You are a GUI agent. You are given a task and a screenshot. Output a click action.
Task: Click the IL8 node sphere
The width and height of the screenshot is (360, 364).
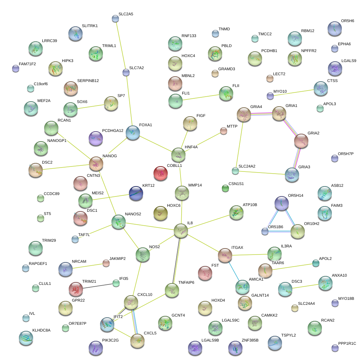[x=181, y=231]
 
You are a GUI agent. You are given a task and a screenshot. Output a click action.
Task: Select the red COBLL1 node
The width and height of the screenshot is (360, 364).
[x=160, y=173]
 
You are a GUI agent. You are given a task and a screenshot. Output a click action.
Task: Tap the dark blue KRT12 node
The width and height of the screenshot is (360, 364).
[x=136, y=193]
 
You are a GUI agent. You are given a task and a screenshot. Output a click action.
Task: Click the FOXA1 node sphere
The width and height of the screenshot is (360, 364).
[x=132, y=132]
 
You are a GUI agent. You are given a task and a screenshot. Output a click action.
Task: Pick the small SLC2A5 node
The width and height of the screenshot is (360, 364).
[x=115, y=19]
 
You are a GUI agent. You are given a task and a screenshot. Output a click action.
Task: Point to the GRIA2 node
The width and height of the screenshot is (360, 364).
[x=301, y=141]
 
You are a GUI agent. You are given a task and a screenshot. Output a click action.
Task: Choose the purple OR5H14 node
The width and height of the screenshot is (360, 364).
[x=281, y=203]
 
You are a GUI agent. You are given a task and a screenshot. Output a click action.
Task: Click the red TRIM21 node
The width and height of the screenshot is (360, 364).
[x=75, y=289]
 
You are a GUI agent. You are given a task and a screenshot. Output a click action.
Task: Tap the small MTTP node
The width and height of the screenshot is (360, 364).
[x=223, y=131]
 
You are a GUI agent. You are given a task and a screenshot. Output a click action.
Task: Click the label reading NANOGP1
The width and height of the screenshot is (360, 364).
[x=57, y=140]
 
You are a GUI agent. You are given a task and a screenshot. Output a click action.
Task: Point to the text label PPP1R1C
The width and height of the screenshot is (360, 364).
[x=347, y=343]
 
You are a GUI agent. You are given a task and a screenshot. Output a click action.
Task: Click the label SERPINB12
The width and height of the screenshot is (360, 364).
[x=88, y=81]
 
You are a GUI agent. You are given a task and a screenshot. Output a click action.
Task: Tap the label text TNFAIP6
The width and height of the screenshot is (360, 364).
[x=186, y=282]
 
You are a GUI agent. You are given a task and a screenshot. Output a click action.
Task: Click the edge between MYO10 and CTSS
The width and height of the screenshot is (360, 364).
[x=292, y=92]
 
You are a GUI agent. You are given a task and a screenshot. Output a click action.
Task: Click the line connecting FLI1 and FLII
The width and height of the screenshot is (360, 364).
[x=200, y=97]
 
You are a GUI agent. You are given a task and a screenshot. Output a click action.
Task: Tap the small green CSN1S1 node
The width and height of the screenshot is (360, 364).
[x=225, y=188]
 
